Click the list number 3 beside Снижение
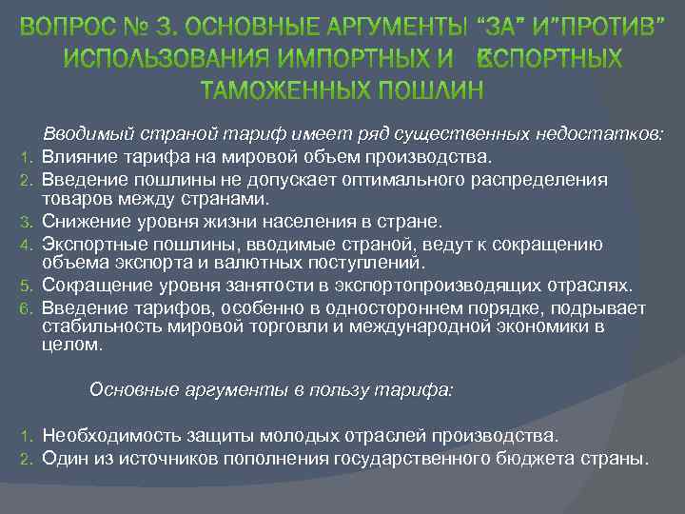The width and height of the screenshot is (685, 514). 29,223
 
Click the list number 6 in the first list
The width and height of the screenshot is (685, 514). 29,308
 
